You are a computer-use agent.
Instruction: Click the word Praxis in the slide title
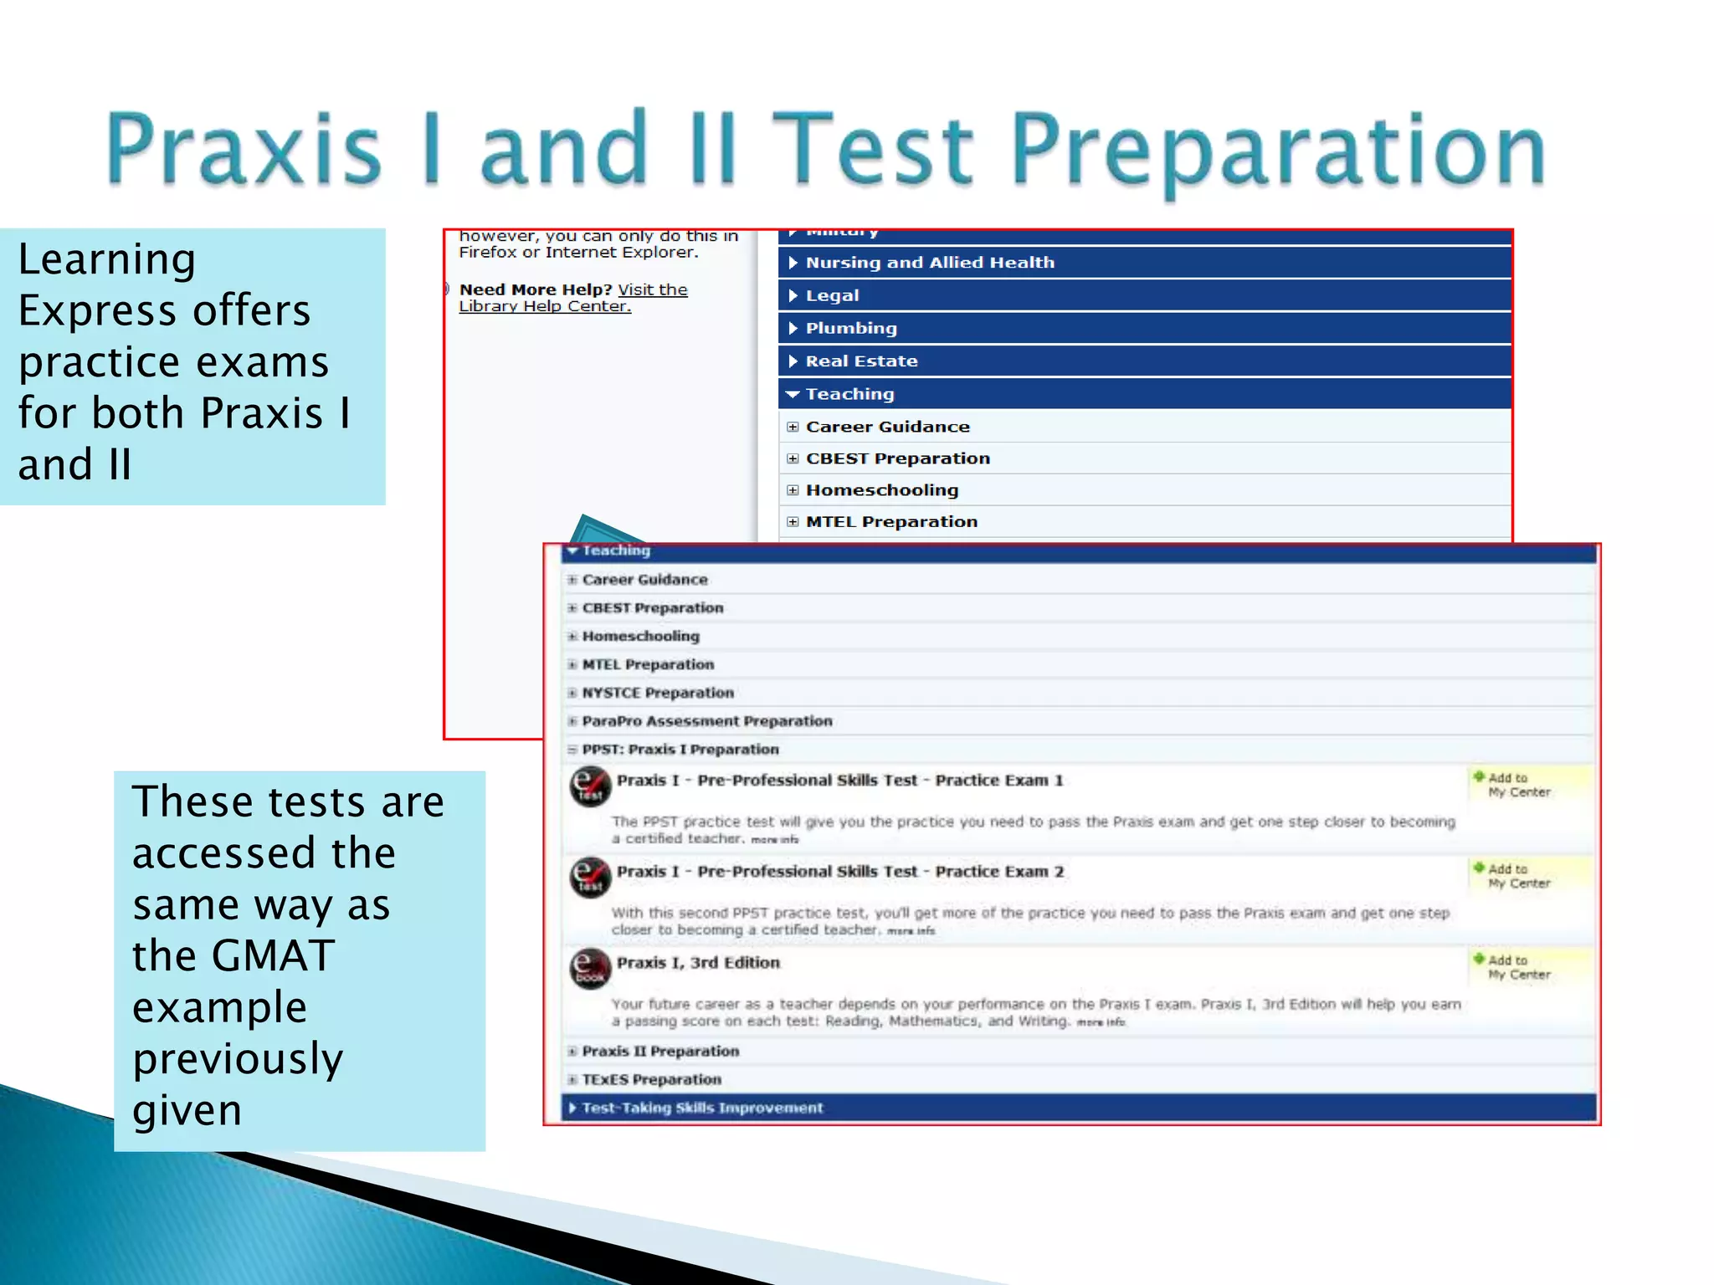243,151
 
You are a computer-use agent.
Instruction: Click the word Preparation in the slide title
1279,151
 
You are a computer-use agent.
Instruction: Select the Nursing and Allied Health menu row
929,263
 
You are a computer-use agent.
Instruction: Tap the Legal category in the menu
832,295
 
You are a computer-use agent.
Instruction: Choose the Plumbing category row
850,328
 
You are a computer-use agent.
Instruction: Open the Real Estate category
861,361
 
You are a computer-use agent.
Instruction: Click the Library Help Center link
545,306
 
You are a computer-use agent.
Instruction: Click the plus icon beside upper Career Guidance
793,427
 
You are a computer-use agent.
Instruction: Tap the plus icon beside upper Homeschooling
793,490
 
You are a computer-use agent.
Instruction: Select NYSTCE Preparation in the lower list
658,693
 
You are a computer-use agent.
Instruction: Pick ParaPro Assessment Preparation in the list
707,721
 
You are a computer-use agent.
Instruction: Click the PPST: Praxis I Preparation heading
680,750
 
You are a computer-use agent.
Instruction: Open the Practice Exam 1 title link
839,781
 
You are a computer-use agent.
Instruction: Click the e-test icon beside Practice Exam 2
590,878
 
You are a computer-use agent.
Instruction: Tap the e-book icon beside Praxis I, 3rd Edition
590,969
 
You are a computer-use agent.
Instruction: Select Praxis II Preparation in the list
660,1052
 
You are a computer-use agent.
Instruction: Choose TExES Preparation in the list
651,1080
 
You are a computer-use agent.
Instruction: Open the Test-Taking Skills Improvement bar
702,1108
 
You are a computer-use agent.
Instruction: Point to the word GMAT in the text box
273,955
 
